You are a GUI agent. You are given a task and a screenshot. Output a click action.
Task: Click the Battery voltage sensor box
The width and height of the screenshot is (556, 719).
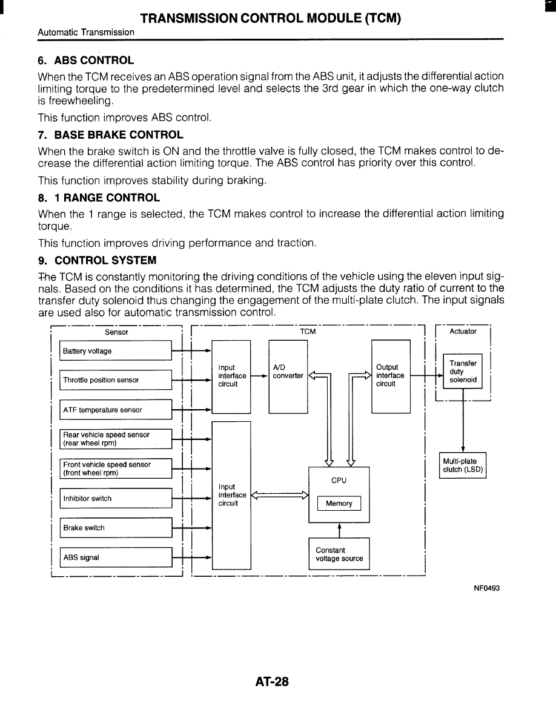coord(116,351)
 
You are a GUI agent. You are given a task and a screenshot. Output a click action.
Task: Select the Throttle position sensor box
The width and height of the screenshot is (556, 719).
coord(116,380)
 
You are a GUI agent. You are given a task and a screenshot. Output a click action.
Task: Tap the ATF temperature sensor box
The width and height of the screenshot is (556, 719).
coord(116,410)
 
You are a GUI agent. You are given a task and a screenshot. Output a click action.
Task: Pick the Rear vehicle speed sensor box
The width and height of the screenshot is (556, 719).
coord(116,439)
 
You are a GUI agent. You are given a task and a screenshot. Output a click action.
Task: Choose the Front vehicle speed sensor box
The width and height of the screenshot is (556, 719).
coord(116,468)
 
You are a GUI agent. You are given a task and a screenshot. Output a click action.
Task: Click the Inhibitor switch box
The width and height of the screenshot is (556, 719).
coord(116,499)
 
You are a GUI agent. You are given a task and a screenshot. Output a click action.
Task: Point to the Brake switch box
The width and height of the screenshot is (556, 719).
coord(116,528)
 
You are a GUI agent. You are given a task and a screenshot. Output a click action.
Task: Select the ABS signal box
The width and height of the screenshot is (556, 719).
coord(116,557)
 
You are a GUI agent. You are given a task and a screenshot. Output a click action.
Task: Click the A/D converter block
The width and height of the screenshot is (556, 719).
coord(288,375)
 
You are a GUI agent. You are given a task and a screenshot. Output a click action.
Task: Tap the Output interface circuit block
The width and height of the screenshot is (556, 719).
coord(391,375)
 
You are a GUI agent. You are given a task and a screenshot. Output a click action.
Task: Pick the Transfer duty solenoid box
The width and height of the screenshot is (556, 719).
coord(463,372)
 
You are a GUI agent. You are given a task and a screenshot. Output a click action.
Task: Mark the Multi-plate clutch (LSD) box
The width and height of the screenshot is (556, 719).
coord(463,465)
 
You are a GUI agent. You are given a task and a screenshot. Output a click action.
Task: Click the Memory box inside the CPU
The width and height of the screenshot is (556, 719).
coord(339,504)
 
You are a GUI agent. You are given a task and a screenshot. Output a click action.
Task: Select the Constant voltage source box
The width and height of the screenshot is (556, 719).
coord(339,554)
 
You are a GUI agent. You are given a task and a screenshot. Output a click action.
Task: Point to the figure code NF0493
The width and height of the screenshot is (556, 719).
coord(486,588)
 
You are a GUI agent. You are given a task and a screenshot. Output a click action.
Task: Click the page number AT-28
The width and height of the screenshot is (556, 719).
coord(272,682)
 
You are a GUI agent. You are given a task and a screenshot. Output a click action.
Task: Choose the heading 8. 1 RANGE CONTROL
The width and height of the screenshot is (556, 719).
coord(99,197)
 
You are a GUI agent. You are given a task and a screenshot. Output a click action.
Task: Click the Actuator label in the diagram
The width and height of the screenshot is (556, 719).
coord(463,331)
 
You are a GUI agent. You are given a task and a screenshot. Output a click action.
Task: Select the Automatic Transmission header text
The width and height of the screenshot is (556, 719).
coord(86,32)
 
